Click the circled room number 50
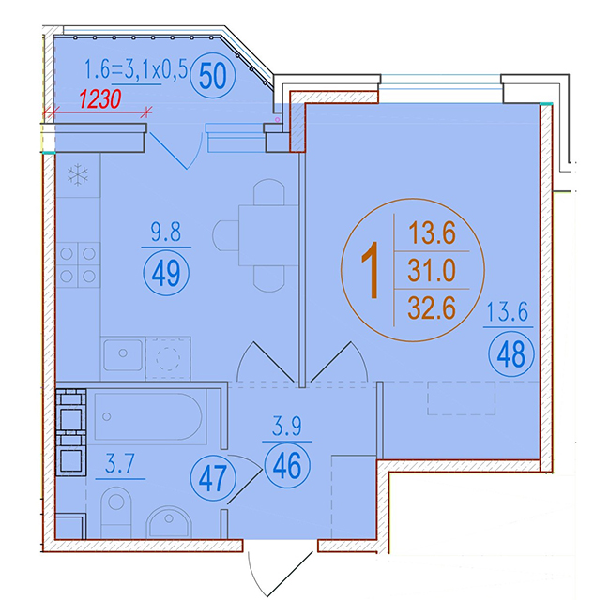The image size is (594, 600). coord(213,75)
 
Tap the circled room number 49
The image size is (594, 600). coord(166,272)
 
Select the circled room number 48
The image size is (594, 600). coord(510,354)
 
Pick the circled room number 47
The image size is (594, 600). coord(213,478)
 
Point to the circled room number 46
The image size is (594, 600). coord(287,465)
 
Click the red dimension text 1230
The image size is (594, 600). coord(100,99)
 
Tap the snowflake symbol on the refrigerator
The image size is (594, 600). coord(78,175)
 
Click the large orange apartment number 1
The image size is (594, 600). coord(371,269)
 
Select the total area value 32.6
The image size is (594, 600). coord(432,308)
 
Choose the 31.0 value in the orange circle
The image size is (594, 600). coord(432,270)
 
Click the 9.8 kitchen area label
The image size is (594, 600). coord(166,232)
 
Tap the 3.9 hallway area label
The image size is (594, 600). coord(287,427)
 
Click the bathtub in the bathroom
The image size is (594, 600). coord(148,416)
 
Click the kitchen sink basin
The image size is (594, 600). coord(123,355)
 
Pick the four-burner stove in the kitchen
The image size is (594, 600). coord(78,264)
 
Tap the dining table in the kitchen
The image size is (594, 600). coord(268,235)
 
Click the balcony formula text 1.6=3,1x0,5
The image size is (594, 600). coord(136,69)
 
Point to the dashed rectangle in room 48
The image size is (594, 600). coord(462,398)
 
